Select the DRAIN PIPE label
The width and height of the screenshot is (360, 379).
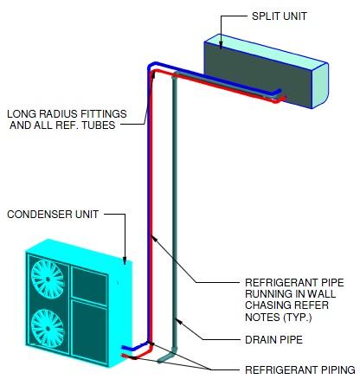[274, 340]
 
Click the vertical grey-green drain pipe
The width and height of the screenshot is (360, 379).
[175, 216]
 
